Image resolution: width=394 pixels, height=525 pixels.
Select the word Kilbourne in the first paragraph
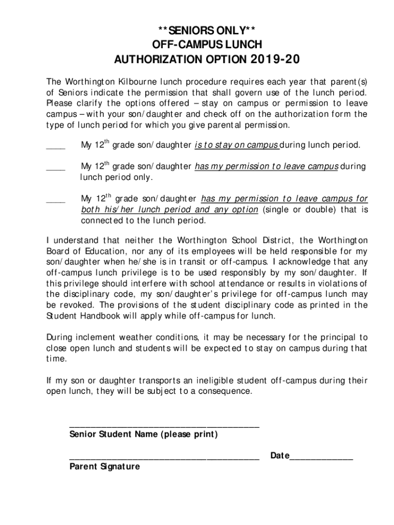134,82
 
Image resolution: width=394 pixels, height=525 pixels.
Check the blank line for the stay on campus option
56,147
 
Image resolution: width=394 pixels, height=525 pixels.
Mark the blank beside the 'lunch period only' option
56,168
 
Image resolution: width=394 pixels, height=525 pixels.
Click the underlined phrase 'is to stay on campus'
236,146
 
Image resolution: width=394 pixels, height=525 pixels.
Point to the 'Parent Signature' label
104,467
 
